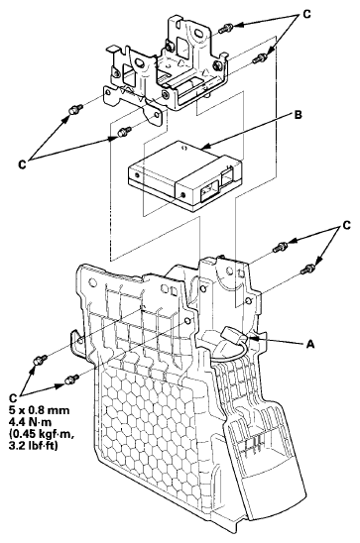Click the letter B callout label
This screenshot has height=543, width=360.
click(x=298, y=115)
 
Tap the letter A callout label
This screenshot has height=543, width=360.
click(x=310, y=344)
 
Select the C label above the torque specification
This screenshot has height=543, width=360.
click(x=13, y=398)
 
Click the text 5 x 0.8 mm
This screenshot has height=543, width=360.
click(x=39, y=410)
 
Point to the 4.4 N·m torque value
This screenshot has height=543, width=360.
click(x=30, y=422)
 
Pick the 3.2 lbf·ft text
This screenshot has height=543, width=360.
click(x=33, y=446)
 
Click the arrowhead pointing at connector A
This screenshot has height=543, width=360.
click(x=253, y=338)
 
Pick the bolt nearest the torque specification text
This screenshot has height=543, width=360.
click(x=71, y=380)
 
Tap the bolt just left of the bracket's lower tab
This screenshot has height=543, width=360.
click(x=124, y=132)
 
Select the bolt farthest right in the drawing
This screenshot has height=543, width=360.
click(x=308, y=269)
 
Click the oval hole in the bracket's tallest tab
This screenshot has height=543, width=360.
click(x=200, y=34)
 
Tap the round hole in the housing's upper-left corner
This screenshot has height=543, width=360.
click(x=92, y=281)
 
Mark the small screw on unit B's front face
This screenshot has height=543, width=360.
click(x=183, y=194)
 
